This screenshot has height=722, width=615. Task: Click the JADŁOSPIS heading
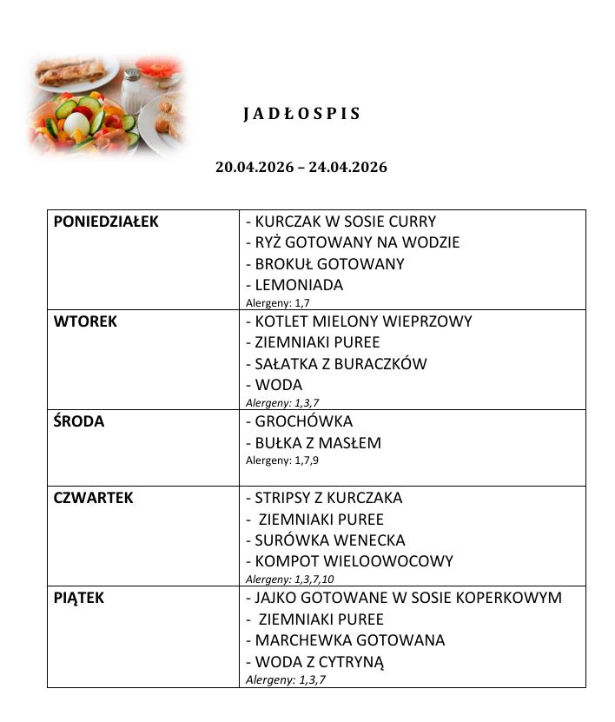[301, 115]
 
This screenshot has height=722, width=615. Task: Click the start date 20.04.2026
[252, 167]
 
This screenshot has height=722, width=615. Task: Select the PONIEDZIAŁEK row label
[106, 222]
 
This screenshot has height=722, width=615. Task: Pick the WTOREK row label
[85, 321]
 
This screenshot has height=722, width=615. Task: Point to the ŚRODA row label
[79, 421]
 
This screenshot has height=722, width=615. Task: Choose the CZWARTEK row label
[94, 498]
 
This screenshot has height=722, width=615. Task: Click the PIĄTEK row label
[79, 598]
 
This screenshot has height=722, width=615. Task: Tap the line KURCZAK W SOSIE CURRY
[341, 222]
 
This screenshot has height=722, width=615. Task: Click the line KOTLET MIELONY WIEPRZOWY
[359, 321]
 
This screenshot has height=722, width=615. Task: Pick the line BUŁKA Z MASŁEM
[314, 443]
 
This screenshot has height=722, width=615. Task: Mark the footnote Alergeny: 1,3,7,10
[290, 579]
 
